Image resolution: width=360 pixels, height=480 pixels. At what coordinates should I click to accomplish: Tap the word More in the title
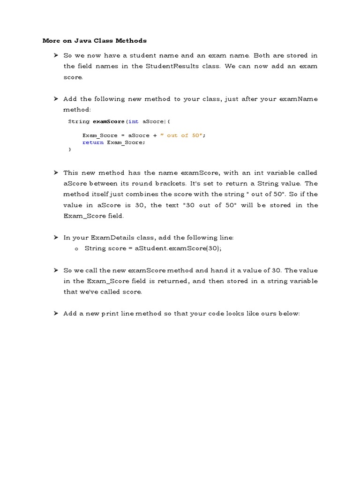[51, 41]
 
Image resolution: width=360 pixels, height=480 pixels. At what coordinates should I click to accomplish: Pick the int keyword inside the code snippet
[134, 121]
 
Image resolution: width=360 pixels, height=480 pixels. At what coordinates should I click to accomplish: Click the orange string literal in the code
[183, 135]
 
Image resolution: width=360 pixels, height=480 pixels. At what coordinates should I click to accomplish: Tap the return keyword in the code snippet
[93, 142]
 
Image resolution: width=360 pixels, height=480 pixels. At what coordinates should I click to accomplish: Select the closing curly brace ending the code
[70, 150]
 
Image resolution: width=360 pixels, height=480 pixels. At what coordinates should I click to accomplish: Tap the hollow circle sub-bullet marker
[76, 249]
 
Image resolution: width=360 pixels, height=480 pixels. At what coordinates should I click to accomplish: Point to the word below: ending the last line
[288, 314]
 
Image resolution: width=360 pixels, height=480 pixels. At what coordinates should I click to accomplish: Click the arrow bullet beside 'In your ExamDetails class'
[55, 238]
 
